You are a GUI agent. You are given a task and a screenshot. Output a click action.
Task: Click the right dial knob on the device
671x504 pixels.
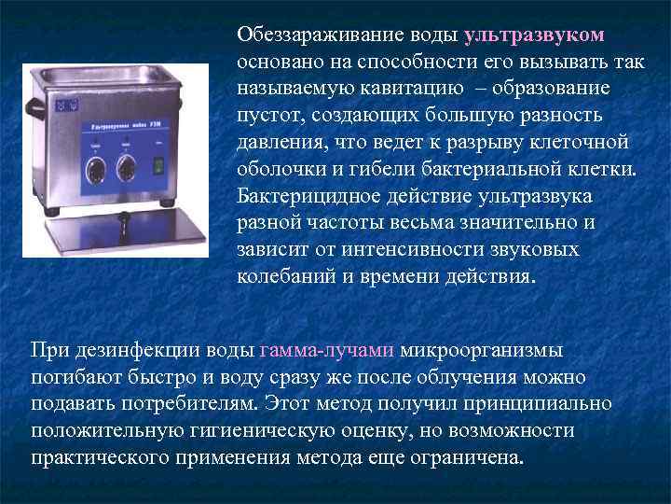[127, 170]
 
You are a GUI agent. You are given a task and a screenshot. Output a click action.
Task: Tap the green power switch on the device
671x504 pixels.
[157, 165]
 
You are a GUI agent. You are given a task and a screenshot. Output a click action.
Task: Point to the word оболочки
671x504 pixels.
[281, 170]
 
